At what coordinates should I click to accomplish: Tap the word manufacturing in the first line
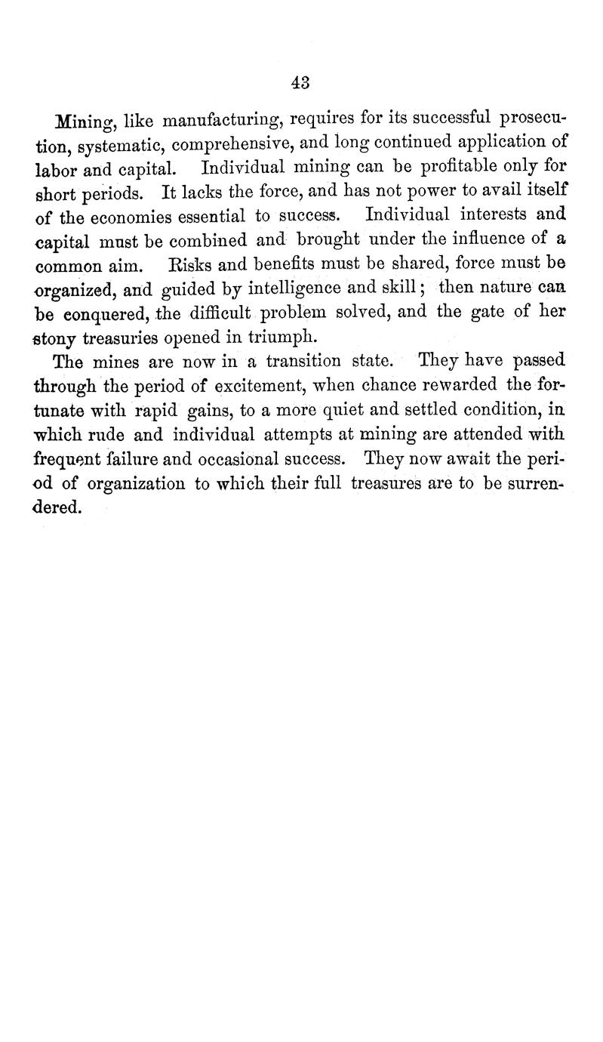click(220, 120)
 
